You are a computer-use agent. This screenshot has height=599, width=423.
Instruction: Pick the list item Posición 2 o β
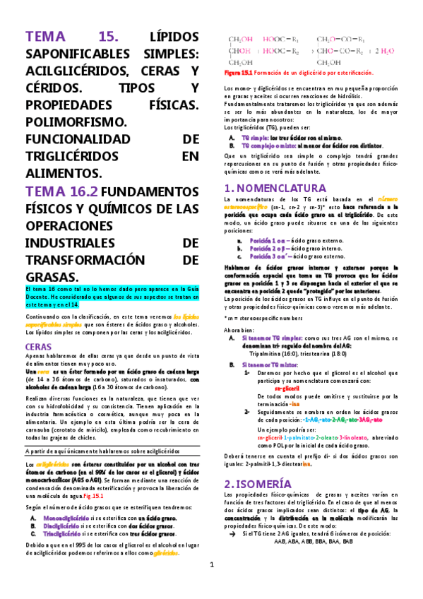[265, 249]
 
